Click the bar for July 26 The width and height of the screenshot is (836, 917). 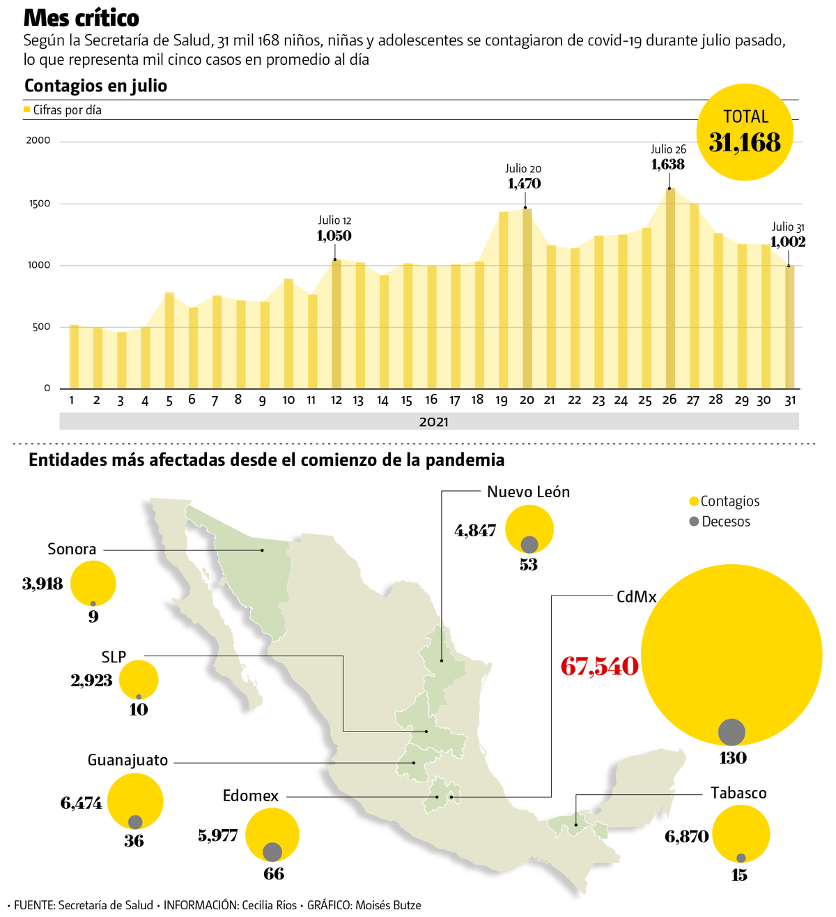669,289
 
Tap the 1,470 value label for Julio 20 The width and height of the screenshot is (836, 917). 524,184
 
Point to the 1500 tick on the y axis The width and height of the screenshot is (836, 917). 39,204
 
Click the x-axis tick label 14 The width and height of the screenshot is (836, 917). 382,400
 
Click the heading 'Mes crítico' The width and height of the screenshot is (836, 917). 82,17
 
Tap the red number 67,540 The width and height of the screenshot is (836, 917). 599,667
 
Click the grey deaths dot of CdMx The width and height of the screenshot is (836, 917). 731,732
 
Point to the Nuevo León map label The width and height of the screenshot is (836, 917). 528,492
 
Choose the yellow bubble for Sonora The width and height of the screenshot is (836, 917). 93,583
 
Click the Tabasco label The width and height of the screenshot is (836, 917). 738,794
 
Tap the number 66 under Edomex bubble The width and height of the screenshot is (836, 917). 274,874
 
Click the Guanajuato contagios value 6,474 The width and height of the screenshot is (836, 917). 82,803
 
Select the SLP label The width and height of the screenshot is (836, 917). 114,657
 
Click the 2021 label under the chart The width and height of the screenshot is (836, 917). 433,422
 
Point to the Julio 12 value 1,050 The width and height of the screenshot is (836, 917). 334,236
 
